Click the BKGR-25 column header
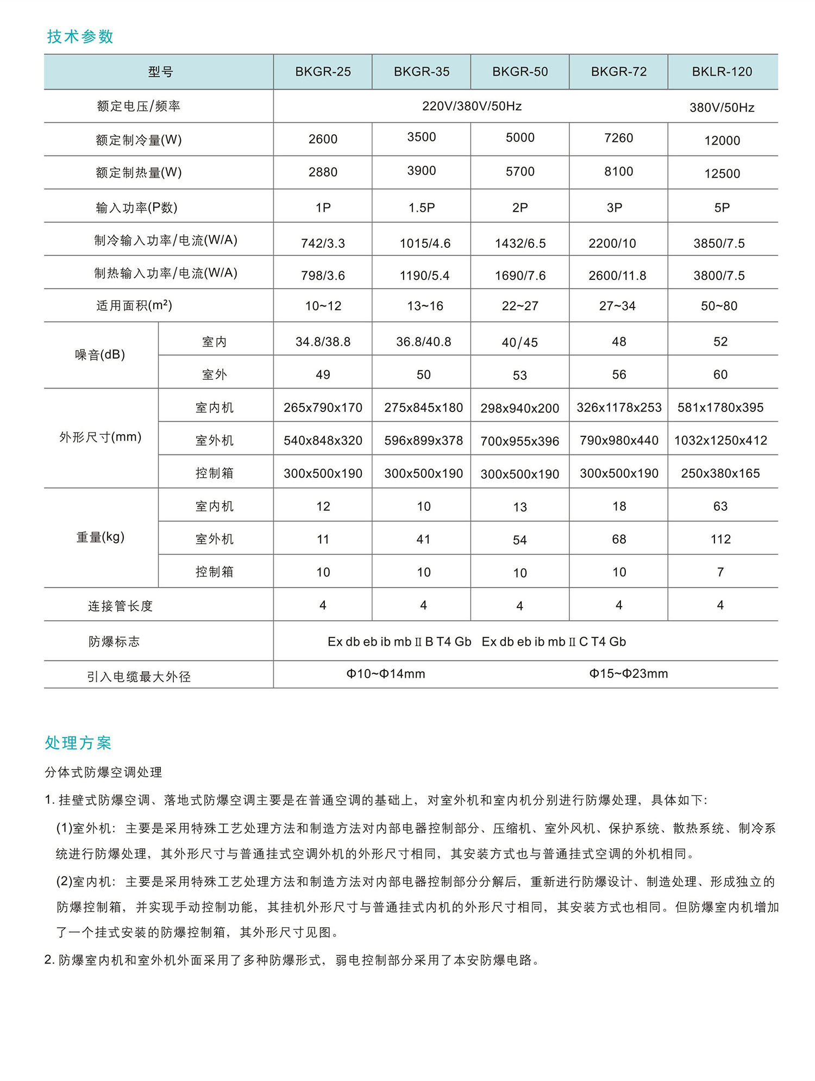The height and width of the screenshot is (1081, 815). [323, 72]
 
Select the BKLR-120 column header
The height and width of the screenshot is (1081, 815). [722, 72]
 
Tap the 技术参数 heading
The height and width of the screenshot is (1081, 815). [80, 36]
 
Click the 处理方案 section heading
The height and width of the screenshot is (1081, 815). [78, 742]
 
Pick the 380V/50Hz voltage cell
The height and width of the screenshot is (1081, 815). [722, 108]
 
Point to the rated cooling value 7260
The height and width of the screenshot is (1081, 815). [618, 138]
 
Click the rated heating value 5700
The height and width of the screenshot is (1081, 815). [520, 172]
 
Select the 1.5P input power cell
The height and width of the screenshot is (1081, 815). [422, 208]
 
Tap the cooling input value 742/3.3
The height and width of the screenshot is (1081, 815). [323, 243]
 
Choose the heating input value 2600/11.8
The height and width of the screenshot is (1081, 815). [617, 276]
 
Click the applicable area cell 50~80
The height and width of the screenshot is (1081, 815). [719, 306]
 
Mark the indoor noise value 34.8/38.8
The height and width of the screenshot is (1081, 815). [323, 342]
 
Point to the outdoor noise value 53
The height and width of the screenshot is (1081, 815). [520, 375]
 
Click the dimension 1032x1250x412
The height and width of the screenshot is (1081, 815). [720, 441]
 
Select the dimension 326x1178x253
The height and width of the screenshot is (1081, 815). [619, 408]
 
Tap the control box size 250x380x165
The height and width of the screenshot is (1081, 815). [720, 473]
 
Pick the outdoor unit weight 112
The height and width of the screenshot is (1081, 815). [720, 539]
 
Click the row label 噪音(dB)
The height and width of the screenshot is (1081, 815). [100, 355]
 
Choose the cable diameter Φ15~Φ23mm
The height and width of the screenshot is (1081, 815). [629, 674]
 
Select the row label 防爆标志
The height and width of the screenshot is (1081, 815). [114, 642]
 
